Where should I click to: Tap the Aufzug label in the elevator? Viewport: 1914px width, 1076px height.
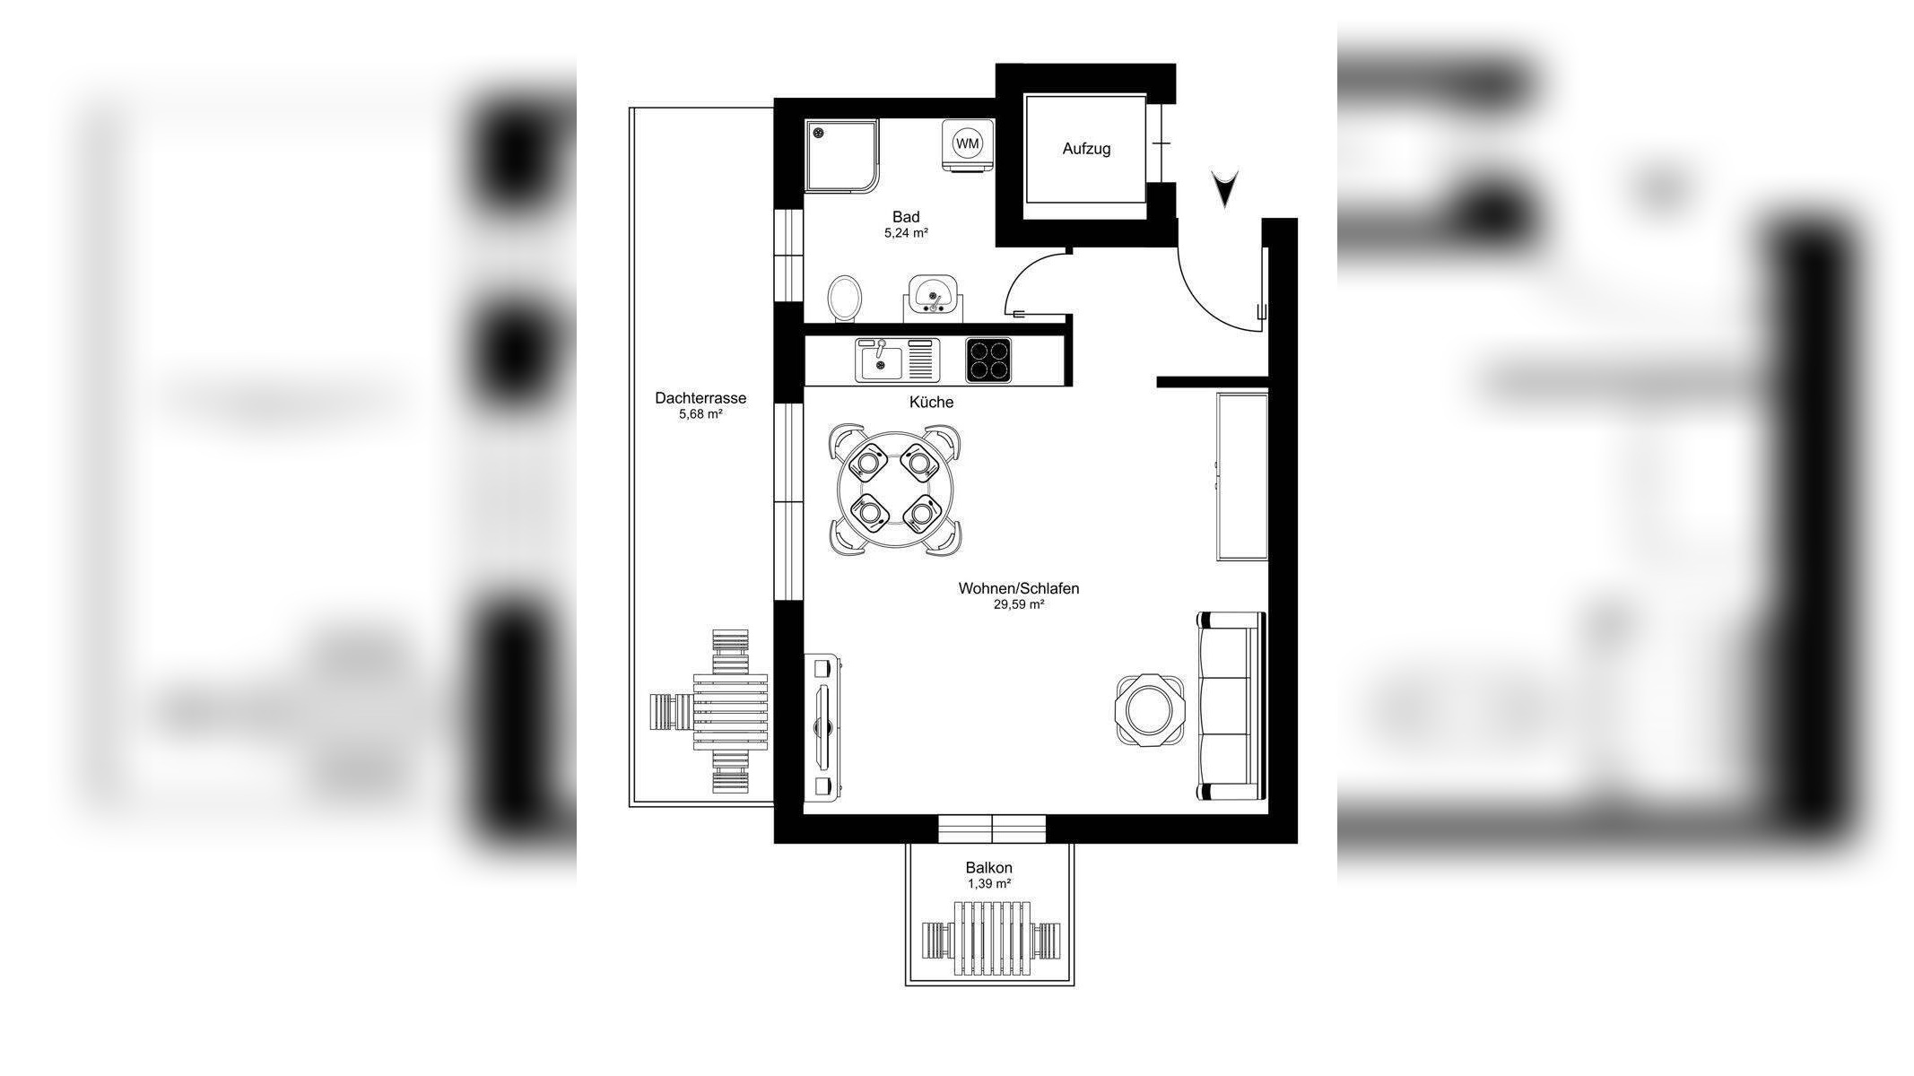tap(1086, 149)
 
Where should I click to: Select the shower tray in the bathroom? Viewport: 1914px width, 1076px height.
tap(841, 156)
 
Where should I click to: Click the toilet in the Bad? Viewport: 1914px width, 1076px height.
tap(844, 298)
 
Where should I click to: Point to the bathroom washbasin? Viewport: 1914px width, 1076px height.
tap(933, 296)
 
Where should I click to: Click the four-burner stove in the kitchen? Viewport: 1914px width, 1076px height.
tap(988, 360)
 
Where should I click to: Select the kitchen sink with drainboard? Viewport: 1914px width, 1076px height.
tap(896, 360)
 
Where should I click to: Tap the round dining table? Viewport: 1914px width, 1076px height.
tap(894, 490)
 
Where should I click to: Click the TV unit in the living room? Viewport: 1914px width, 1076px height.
tap(823, 725)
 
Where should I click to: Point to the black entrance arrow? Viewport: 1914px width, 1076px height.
tap(1224, 188)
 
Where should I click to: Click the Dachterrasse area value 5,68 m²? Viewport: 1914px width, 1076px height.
tap(700, 414)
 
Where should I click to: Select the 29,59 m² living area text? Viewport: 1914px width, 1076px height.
tap(1018, 604)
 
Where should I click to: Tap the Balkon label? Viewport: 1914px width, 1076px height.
tap(988, 867)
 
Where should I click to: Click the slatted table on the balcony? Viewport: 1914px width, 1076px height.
tap(991, 939)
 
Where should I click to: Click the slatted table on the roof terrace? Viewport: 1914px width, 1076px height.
tap(731, 712)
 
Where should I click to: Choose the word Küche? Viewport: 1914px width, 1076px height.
tap(931, 403)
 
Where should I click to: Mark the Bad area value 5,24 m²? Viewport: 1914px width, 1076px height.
tap(906, 233)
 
